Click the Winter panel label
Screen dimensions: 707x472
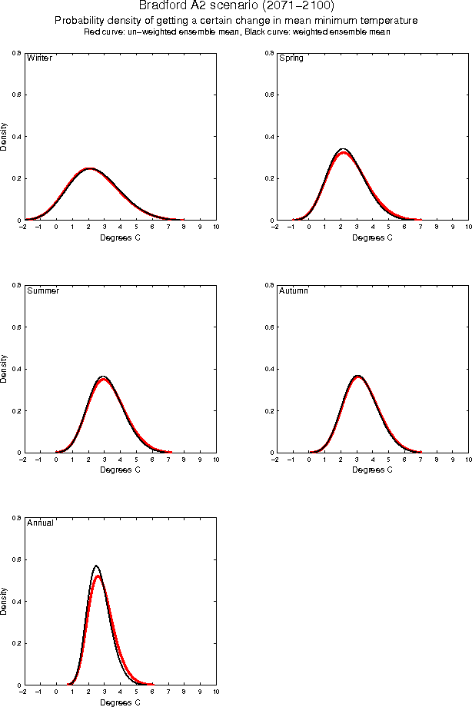click(39, 58)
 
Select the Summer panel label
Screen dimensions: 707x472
click(42, 291)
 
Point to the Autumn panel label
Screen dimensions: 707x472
click(293, 291)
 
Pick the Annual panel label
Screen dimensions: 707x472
click(40, 523)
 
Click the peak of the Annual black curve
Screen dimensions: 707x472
click(96, 566)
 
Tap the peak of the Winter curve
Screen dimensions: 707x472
click(89, 168)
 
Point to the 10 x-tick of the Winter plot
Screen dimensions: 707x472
click(216, 227)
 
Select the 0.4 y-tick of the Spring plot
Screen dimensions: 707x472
click(268, 137)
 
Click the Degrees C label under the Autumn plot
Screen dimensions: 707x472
click(372, 470)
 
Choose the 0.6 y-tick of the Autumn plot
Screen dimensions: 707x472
click(268, 327)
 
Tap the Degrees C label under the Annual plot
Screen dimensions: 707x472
click(121, 702)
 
